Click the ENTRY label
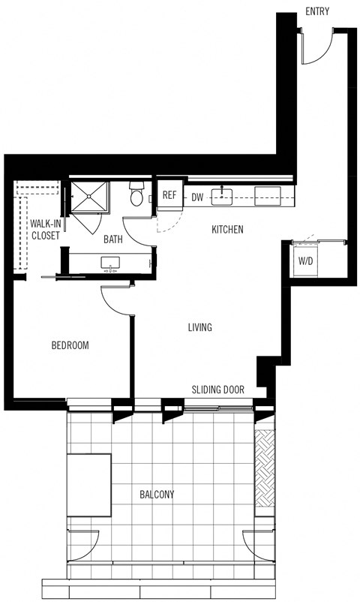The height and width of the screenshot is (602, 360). point(317,11)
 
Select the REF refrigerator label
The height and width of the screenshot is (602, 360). point(169,197)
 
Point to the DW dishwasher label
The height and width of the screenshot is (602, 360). point(197,197)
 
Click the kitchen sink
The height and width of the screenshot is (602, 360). point(222,197)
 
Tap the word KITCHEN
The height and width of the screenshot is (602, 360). point(227,230)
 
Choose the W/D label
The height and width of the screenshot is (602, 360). point(306,262)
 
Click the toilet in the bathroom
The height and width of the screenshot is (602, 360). point(136,195)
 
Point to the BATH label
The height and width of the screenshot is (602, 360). point(113,240)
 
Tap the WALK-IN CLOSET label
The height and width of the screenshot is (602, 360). point(45,229)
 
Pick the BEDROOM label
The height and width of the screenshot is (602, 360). point(70,345)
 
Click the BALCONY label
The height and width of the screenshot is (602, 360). point(157,495)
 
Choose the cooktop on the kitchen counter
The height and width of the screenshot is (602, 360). point(268,197)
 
